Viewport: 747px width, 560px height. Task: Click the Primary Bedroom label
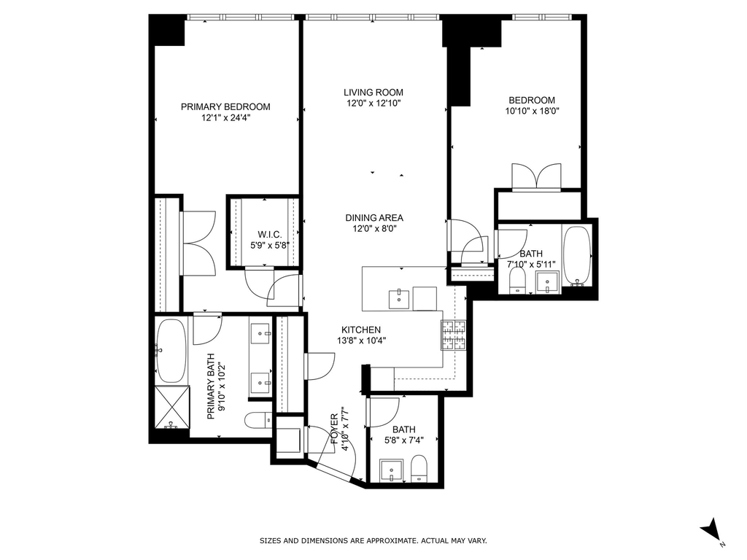point(225,106)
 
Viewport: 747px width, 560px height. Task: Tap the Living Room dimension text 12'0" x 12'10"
point(373,104)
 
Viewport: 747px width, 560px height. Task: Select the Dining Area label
point(374,217)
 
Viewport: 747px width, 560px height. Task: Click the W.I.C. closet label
point(270,235)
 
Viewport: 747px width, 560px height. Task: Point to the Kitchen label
point(361,330)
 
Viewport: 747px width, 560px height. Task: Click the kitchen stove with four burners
point(454,335)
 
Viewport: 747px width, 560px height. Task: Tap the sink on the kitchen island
point(398,298)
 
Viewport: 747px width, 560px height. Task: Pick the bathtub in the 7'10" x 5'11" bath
point(576,256)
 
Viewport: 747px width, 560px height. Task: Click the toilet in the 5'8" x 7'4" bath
point(419,468)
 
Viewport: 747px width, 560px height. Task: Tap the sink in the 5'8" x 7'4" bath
point(392,470)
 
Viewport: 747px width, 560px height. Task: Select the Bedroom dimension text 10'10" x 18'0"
point(532,111)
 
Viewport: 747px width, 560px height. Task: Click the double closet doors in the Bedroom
point(536,177)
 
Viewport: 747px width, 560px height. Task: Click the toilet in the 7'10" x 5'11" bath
point(517,281)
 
